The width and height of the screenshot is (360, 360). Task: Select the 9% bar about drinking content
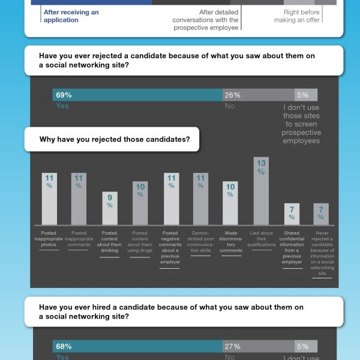(109, 208)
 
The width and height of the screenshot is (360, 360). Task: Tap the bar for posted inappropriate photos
(49, 198)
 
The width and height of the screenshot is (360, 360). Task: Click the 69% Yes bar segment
(138, 95)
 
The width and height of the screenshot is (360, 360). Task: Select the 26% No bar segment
(258, 95)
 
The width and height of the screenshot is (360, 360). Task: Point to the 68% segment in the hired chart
(138, 346)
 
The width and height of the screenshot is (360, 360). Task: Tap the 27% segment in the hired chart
(258, 346)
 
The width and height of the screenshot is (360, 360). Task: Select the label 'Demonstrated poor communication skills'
(200, 241)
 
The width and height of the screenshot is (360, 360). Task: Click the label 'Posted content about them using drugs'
(140, 241)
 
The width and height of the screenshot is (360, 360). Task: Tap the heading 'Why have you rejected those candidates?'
(115, 140)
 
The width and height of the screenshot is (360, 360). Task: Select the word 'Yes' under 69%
(62, 106)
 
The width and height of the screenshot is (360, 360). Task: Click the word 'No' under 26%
(229, 106)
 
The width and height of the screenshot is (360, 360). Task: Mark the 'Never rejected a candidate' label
(322, 253)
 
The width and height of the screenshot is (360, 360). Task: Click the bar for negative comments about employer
(170, 198)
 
